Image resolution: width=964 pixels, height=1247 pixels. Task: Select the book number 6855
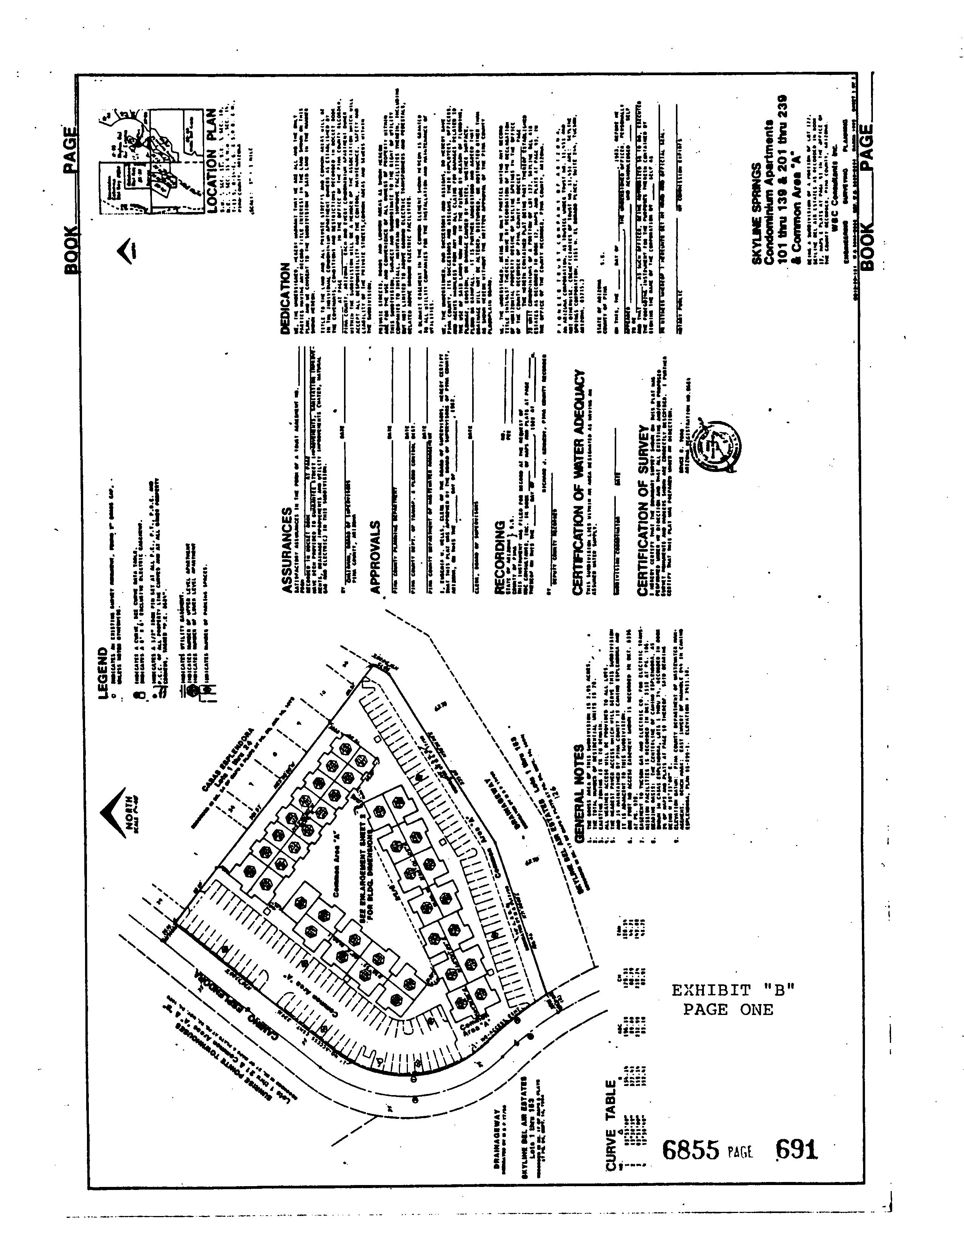(690, 1150)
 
